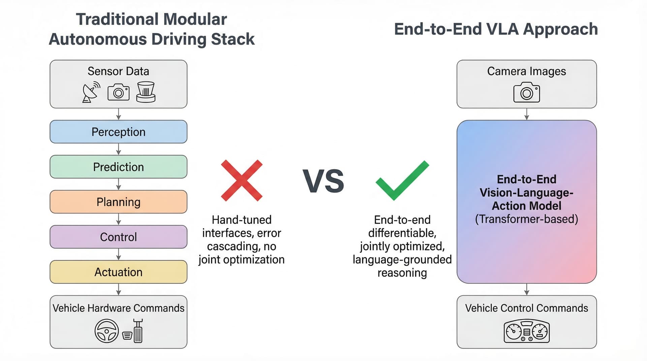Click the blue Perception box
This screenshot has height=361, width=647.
pos(118,132)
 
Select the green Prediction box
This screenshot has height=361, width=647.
pos(118,167)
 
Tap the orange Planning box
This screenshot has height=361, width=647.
pos(118,202)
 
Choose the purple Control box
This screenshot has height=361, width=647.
pos(118,237)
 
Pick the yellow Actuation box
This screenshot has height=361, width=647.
pos(118,272)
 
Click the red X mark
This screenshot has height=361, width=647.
pos(242,180)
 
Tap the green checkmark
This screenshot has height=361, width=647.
pos(402,180)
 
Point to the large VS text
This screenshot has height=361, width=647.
pos(323,181)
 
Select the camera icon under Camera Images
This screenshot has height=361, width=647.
pos(526,92)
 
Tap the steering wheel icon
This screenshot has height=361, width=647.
pos(106,331)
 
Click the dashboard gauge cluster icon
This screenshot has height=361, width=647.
pos(526,332)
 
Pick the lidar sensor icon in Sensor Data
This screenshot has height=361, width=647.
pos(146,92)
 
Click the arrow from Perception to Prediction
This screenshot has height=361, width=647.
pos(118,149)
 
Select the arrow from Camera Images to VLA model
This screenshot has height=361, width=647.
pos(526,114)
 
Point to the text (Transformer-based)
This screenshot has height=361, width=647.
pos(526,219)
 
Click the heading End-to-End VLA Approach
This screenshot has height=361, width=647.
pos(496,29)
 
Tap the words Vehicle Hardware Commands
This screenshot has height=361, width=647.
pos(118,308)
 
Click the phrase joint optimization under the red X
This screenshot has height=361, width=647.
pos(242,260)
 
